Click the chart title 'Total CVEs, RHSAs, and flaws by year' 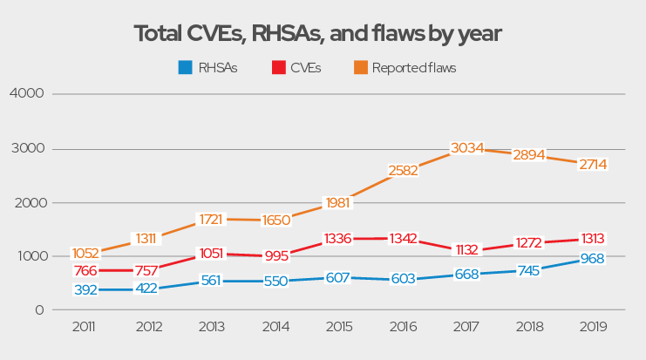point(318,34)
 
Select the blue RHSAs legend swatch point(184,67)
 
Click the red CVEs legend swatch point(278,67)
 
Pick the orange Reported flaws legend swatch point(359,67)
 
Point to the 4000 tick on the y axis point(25,93)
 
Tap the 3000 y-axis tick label point(25,148)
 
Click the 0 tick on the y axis point(38,310)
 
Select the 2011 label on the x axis point(84,329)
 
